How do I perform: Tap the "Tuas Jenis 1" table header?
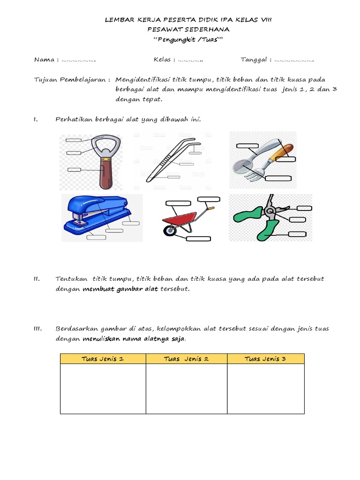click(103, 359)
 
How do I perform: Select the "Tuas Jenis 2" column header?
click(186, 359)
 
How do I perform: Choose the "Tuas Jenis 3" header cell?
click(266, 359)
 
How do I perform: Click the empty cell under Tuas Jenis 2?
click(186, 389)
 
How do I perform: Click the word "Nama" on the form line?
click(44, 60)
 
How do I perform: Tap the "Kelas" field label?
click(162, 60)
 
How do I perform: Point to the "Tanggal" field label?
click(253, 60)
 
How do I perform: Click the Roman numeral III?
click(38, 329)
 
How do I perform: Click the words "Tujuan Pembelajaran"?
click(70, 79)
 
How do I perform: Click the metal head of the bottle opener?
click(105, 145)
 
